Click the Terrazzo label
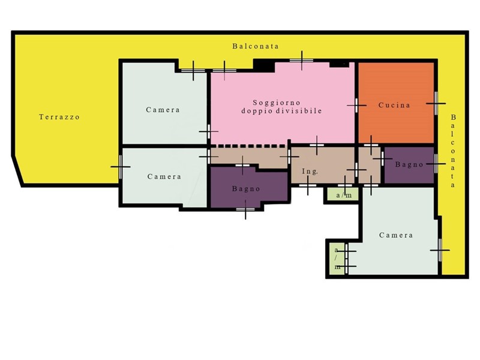(x=59, y=117)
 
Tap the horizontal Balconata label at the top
(x=256, y=46)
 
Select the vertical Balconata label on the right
(x=453, y=151)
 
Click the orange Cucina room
(x=396, y=103)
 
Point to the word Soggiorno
(x=277, y=103)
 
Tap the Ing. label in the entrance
(x=310, y=172)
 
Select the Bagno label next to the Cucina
(x=409, y=164)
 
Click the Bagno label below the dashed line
(x=246, y=189)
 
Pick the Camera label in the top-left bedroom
(x=163, y=110)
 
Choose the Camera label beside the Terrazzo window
(x=164, y=176)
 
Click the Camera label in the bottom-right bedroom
(x=396, y=235)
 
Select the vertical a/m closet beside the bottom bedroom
(x=337, y=259)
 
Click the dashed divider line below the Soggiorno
(x=248, y=146)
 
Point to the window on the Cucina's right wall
(x=436, y=103)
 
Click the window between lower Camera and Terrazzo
(x=121, y=167)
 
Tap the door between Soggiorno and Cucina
(x=356, y=106)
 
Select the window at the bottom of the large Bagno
(x=245, y=209)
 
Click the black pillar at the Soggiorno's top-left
(x=263, y=65)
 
